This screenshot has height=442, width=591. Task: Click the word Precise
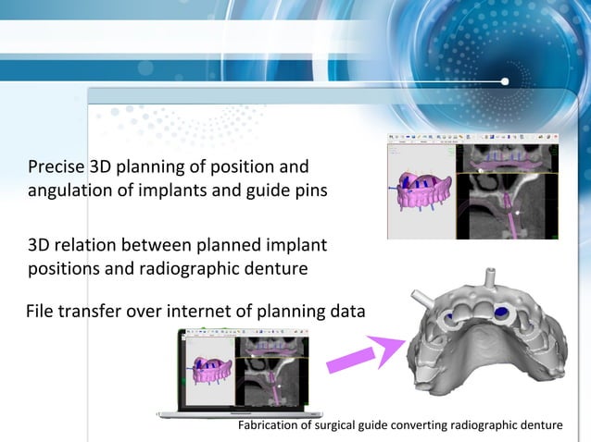(x=56, y=167)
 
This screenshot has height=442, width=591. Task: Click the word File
(x=41, y=313)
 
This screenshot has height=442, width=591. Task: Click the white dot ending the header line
(x=505, y=82)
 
